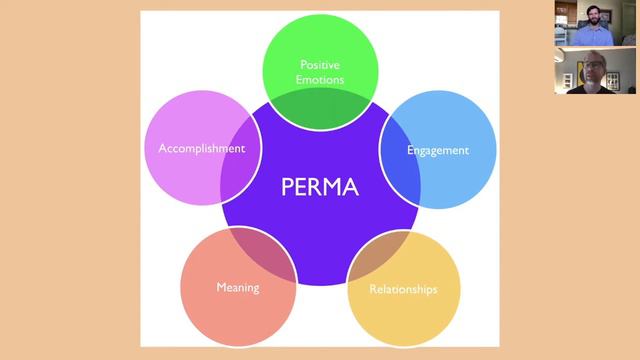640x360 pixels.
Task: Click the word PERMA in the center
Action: click(320, 187)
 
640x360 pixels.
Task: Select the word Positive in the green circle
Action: click(320, 64)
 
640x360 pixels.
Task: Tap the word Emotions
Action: click(320, 80)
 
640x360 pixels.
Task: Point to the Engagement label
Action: click(438, 151)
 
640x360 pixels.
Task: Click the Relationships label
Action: click(403, 289)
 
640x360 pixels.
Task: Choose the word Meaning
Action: click(238, 288)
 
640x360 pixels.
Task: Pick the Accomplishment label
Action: click(202, 148)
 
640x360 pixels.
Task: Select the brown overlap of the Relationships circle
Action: click(378, 255)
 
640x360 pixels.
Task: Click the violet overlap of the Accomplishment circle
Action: click(241, 160)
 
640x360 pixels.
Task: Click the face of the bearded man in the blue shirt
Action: click(593, 16)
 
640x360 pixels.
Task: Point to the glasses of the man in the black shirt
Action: click(592, 65)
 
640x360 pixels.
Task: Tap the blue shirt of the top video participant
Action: click(593, 36)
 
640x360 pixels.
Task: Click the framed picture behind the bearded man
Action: click(606, 16)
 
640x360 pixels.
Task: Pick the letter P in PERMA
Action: click(287, 187)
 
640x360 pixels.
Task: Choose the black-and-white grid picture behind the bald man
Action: click(612, 81)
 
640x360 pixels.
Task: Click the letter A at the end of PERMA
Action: click(350, 187)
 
